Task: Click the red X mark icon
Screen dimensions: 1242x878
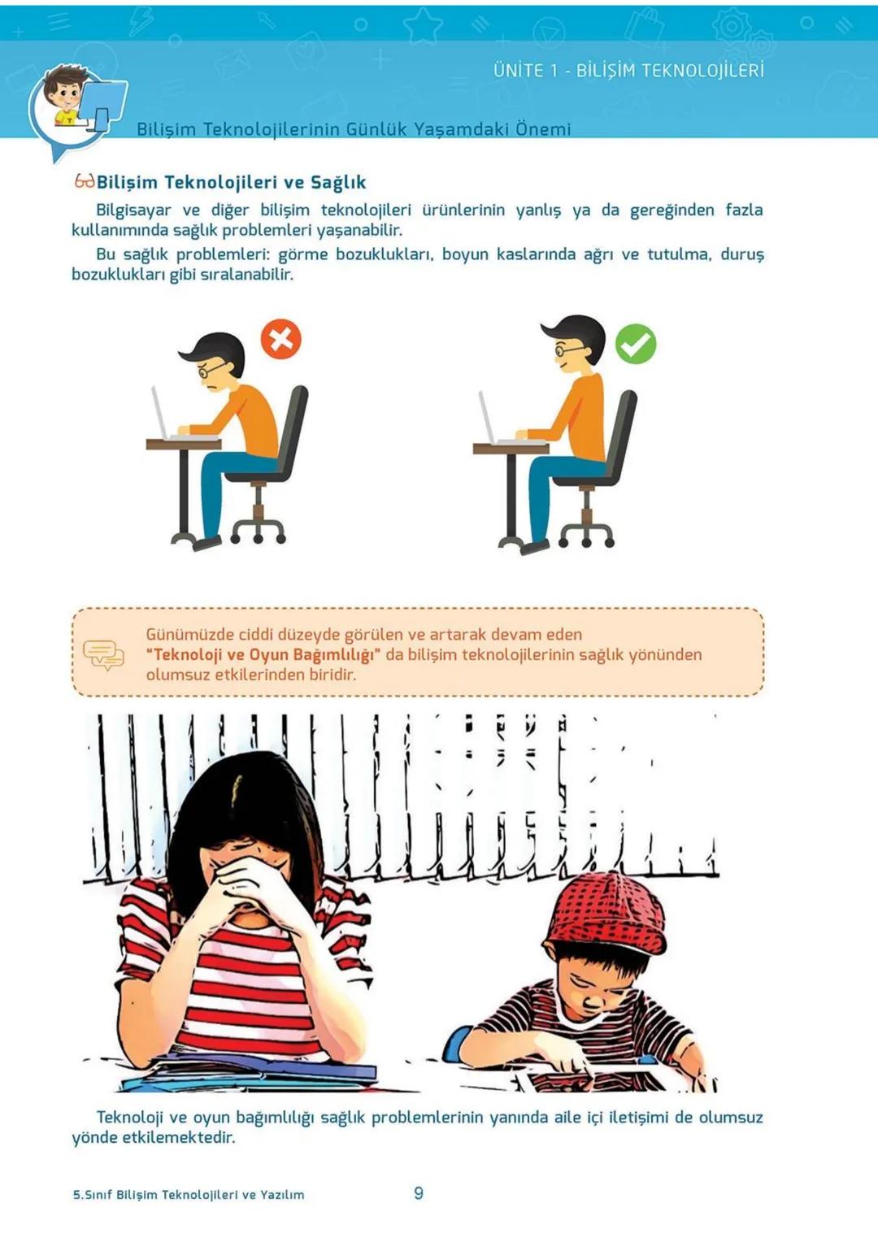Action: point(281,339)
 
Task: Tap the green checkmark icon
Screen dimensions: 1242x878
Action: point(635,344)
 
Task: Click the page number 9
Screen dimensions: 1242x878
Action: point(418,1192)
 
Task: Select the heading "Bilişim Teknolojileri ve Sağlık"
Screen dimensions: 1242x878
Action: point(231,182)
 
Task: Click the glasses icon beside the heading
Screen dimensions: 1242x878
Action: point(85,180)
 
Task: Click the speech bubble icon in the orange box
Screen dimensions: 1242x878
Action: point(103,654)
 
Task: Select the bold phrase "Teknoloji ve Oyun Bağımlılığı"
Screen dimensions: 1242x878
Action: point(263,654)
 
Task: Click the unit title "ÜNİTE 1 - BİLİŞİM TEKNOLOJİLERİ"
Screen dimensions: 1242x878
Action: point(628,71)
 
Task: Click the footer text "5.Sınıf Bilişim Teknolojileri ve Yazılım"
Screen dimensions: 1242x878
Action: point(189,1194)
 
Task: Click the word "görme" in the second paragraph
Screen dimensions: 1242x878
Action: point(302,254)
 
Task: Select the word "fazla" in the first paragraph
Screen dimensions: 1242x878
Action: point(744,210)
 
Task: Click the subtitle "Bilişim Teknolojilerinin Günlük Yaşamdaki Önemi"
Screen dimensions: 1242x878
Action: point(354,129)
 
